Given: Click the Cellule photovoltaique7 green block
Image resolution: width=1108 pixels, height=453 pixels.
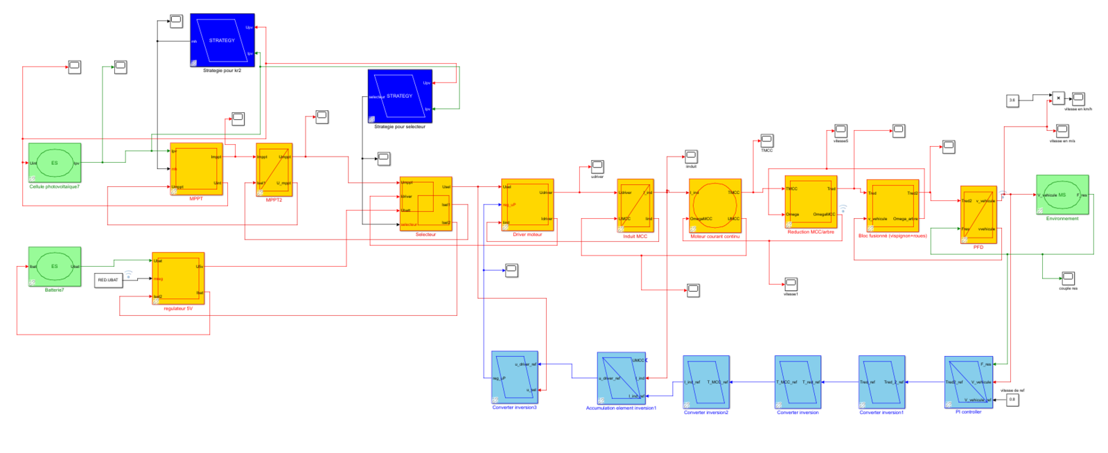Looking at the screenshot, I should (55, 163).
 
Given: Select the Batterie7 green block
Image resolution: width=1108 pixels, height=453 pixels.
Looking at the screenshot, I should (55, 267).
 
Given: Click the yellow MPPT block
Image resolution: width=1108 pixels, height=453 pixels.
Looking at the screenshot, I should (196, 169).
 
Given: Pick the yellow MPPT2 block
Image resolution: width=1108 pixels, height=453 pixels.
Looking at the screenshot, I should (274, 170).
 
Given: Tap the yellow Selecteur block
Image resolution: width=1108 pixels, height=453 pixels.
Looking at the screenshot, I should (425, 204).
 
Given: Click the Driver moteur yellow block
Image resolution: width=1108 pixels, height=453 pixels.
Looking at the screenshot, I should (527, 205).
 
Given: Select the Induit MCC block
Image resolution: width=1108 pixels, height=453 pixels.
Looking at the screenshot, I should (635, 206).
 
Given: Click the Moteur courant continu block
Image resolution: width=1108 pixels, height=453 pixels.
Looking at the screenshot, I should (714, 206).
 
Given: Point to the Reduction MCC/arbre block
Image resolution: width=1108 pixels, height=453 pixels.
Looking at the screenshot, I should (810, 202).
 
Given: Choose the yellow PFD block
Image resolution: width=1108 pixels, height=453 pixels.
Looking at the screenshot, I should (978, 215).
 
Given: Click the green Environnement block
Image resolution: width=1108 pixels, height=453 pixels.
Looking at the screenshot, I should (1062, 195).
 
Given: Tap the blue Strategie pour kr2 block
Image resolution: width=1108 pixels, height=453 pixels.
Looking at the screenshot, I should (222, 40).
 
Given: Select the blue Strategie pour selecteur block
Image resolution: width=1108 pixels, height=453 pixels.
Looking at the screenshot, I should (400, 96).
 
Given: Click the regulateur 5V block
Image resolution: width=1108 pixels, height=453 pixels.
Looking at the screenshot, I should (178, 278).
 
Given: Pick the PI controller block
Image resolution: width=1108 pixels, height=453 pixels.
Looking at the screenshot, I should (968, 382).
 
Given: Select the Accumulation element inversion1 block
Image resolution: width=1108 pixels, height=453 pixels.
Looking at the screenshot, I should (621, 378).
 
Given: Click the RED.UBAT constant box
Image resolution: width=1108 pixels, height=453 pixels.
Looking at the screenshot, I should (108, 280).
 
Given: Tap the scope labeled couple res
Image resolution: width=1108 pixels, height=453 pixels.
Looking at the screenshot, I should (1068, 278).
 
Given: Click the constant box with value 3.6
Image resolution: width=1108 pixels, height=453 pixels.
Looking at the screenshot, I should (1012, 100).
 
